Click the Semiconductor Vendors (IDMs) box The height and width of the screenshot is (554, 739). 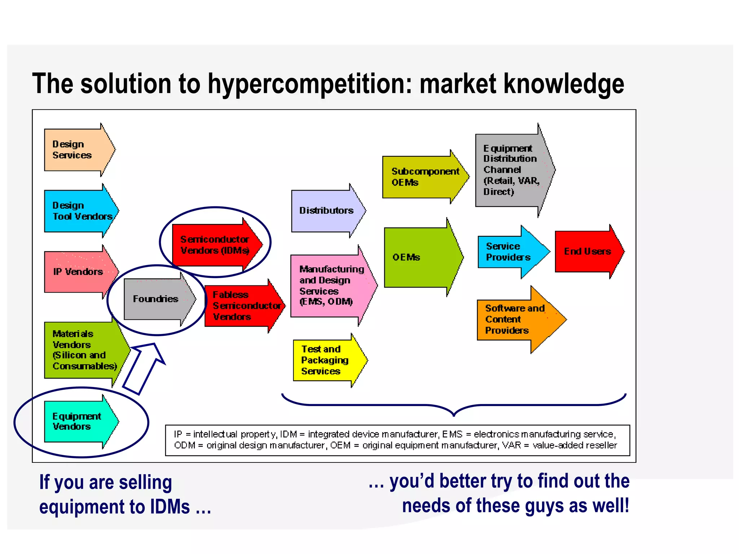pyautogui.click(x=215, y=245)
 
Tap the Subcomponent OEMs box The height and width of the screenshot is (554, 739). pyautogui.click(x=422, y=177)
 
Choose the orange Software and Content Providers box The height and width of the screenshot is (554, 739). pyautogui.click(x=516, y=320)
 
